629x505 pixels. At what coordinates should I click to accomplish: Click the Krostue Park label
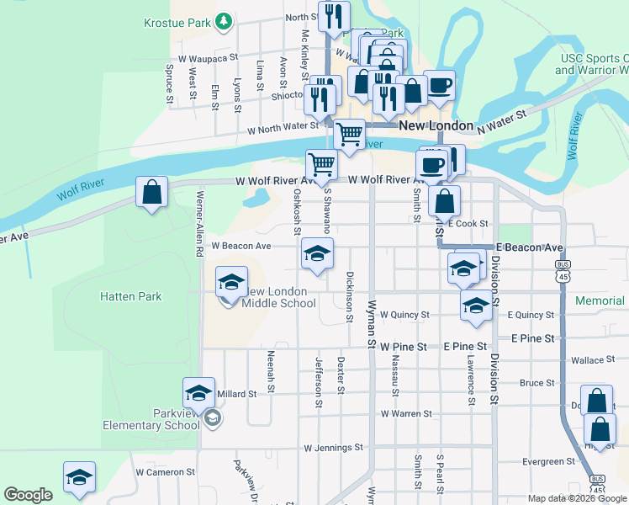pos(177,24)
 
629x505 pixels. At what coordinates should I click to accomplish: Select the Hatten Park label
pos(129,296)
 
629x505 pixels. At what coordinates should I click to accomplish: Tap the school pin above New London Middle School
pos(231,284)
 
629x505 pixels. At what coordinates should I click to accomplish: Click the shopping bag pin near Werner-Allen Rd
pos(151,193)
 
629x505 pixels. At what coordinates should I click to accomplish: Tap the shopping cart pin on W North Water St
pos(349,134)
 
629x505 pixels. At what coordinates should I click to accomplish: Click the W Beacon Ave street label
pos(241,246)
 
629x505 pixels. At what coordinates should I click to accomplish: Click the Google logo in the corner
pos(28,495)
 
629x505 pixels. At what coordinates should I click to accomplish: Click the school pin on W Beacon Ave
pos(317,254)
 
